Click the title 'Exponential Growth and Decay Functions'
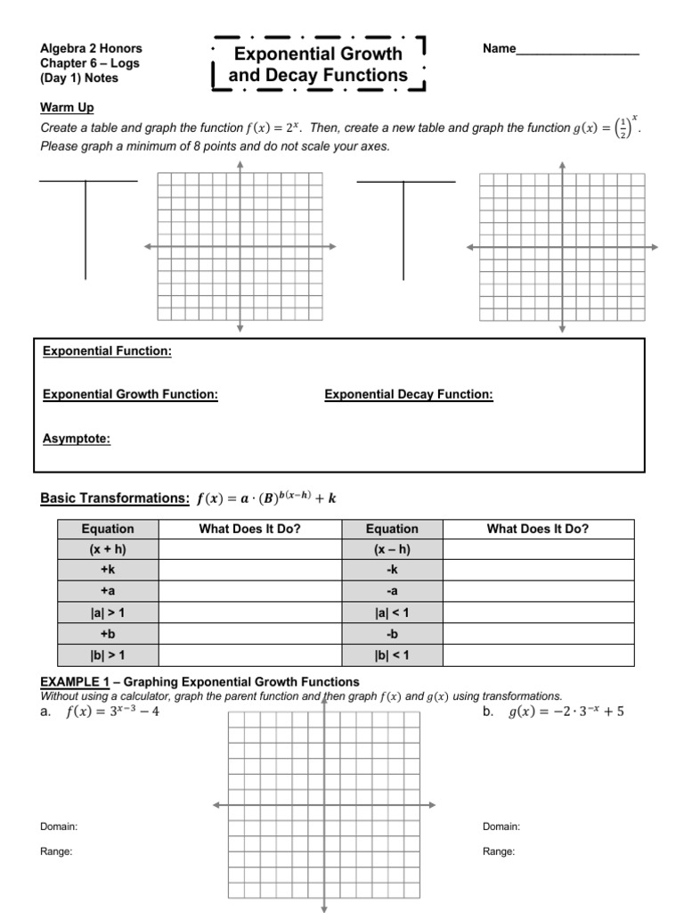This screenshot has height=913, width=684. coord(318,65)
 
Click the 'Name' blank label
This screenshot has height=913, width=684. coord(500,49)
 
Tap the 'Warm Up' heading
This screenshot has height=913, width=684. coord(67,108)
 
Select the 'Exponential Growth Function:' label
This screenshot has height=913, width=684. coord(130,394)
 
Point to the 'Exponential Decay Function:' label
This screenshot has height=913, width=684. coord(408,394)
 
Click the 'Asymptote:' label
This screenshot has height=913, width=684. coord(77,439)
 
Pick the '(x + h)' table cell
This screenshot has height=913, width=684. coord(108,550)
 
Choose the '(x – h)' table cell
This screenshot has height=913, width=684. coord(392,550)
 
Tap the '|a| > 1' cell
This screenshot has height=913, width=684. coord(108,613)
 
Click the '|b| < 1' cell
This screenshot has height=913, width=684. coord(392,654)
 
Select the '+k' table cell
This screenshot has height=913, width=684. coord(108,571)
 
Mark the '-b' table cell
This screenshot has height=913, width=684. coord(392,634)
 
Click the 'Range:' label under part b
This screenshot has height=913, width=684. coord(499,851)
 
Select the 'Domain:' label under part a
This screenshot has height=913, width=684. coord(59,827)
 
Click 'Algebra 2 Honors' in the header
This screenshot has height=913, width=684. coord(91,49)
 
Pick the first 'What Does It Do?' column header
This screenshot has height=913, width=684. coord(250,529)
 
